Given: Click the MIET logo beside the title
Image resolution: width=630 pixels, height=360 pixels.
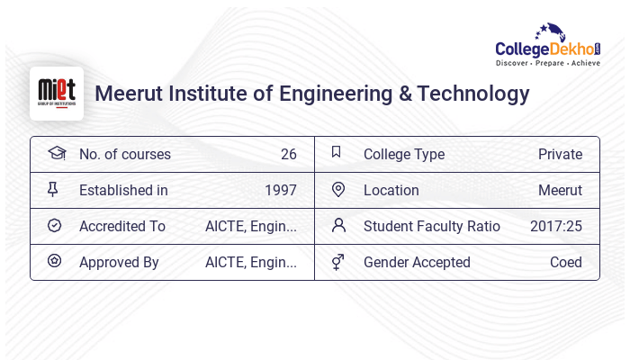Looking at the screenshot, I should pos(57,93).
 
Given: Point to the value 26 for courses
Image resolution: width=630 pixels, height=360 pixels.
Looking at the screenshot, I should pos(288,154).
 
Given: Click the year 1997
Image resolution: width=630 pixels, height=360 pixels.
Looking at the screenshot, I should pos(280,190).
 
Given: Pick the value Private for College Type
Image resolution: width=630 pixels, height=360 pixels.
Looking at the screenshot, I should pos(560,154).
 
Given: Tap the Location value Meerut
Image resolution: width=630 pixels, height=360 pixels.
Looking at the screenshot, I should pos(560,190).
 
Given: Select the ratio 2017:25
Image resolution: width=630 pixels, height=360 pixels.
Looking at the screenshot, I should pos(555,226).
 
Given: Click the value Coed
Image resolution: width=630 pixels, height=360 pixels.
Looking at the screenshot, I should pos(566,262).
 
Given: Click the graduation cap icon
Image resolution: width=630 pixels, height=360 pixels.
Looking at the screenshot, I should pos(56,153).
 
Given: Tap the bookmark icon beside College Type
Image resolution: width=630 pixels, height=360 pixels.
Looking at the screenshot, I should pos(337,152).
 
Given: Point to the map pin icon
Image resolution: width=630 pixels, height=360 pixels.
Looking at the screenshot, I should pos(338,189).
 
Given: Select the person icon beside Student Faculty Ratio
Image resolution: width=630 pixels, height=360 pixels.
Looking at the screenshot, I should pos(338,225).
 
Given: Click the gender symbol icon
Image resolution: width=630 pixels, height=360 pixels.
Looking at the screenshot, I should pos(337,262).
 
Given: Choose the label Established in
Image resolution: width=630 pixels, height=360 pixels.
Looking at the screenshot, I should pos(123,190).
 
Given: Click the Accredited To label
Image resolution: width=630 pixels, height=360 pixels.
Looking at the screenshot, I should pos(122,226).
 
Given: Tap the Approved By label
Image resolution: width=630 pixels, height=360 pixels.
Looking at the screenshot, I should pos(119,262).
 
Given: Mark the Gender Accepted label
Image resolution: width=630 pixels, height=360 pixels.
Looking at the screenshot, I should pos(417,262).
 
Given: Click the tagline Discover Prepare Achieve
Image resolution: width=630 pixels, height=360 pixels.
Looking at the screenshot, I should pos(548,64).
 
